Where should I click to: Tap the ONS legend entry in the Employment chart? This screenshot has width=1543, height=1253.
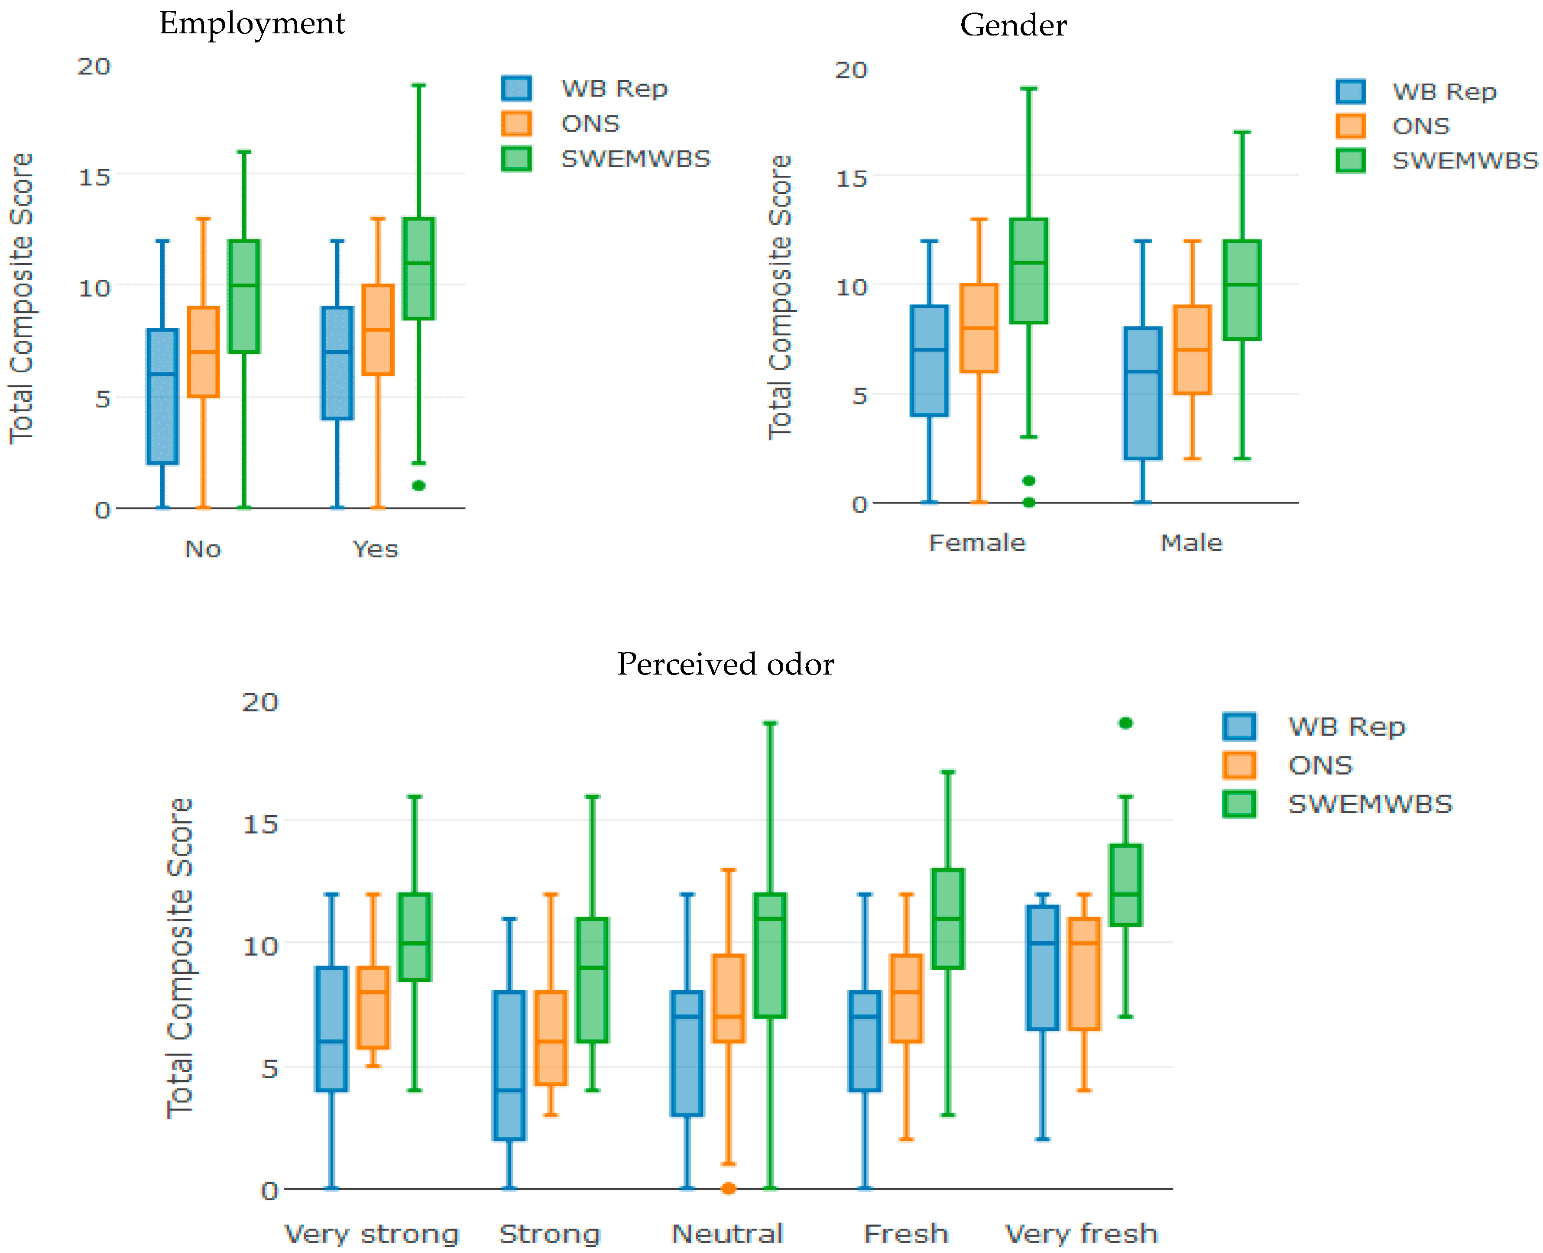[590, 123]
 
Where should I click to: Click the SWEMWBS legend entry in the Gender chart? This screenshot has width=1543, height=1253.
[1464, 160]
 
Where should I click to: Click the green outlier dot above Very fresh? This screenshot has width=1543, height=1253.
[1125, 723]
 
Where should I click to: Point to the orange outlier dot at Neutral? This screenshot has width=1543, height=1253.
[729, 1188]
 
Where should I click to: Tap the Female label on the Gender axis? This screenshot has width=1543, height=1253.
[977, 543]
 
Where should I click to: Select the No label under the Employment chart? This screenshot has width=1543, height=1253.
[203, 549]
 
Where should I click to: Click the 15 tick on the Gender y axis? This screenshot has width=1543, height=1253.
[851, 178]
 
